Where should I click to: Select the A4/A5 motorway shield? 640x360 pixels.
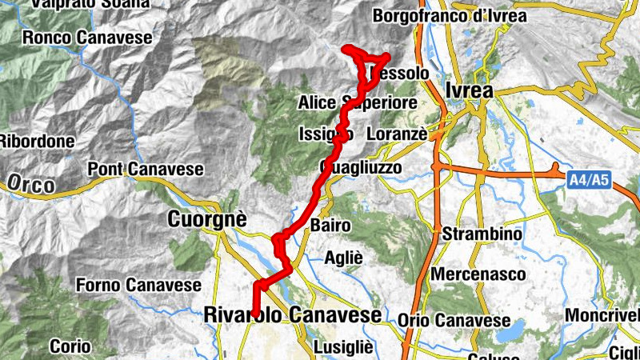coord(589,182)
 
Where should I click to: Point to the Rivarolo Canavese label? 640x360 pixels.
coord(293,315)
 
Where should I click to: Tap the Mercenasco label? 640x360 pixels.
coord(478,274)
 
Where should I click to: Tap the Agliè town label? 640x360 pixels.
coord(344,258)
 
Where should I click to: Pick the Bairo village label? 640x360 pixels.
coord(331,226)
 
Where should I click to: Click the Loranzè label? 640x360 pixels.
coord(397,134)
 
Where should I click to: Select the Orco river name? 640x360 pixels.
coord(32,185)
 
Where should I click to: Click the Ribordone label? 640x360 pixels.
coord(36,141)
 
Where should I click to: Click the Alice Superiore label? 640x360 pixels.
coord(358,103)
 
